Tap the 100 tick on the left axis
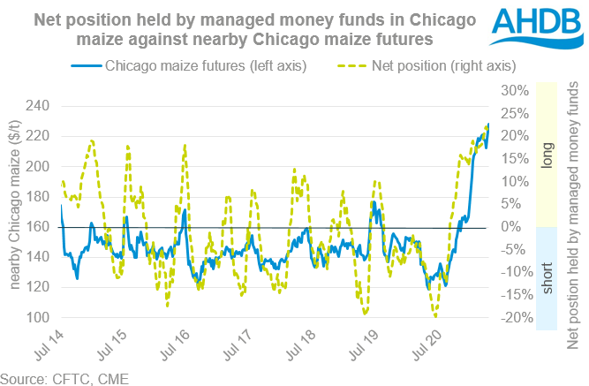[x=37, y=317]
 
